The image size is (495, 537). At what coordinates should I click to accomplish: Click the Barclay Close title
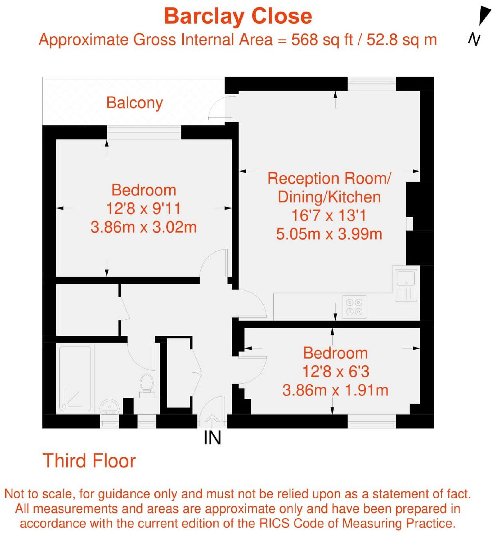tap(238, 16)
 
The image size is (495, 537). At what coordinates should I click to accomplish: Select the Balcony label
tap(134, 103)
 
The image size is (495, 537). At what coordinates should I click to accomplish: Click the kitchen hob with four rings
tap(354, 307)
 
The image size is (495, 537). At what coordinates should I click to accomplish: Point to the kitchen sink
tap(406, 284)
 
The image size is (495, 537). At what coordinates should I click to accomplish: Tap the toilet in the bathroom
tap(146, 384)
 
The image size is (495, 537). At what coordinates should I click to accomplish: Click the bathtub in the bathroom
tap(75, 378)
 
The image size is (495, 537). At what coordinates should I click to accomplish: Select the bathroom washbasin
tap(109, 407)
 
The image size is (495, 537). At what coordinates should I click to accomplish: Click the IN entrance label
tap(212, 438)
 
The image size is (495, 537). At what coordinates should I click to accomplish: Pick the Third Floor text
tap(89, 461)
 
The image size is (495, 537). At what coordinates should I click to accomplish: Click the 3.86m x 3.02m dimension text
tap(144, 227)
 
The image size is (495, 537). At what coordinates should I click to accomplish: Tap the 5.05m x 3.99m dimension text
tap(329, 234)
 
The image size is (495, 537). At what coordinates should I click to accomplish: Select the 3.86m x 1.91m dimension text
tap(335, 390)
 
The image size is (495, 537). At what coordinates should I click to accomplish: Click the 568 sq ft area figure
tap(322, 40)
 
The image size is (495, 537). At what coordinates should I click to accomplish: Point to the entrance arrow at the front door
tap(212, 421)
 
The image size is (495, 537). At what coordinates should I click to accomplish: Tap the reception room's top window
tap(372, 84)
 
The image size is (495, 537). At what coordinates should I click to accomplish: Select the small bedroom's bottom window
tap(372, 421)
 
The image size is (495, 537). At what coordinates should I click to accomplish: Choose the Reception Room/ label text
tap(329, 178)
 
